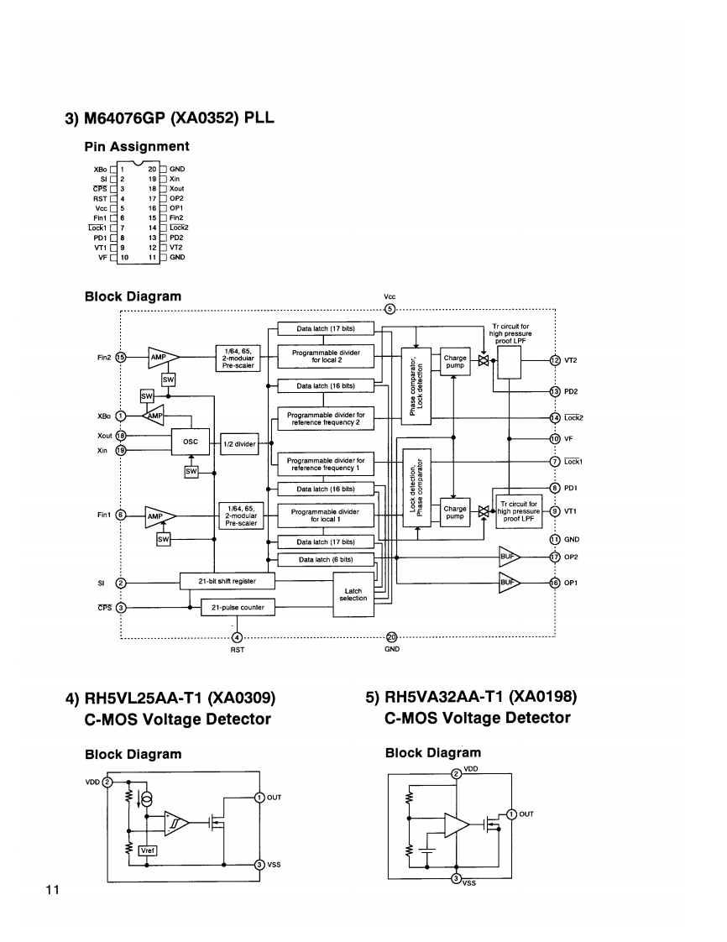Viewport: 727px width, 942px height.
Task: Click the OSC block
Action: [x=191, y=442]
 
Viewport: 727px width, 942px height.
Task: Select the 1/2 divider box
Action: [x=239, y=444]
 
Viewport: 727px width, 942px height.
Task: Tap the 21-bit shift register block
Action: [x=228, y=581]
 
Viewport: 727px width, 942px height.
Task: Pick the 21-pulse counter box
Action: [x=238, y=607]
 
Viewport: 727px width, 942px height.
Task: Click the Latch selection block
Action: [x=353, y=594]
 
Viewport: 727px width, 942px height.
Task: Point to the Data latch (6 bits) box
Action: [x=326, y=559]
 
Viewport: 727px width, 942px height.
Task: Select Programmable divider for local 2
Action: [x=326, y=356]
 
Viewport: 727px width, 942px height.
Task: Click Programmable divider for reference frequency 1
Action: [x=326, y=464]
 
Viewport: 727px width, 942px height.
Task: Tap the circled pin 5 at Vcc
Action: [x=390, y=309]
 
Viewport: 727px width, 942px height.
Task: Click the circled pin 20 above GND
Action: [x=392, y=636]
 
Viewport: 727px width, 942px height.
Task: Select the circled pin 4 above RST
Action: [x=238, y=637]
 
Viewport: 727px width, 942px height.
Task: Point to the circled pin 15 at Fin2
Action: [x=120, y=357]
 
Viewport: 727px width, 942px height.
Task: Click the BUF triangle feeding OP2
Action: [x=508, y=557]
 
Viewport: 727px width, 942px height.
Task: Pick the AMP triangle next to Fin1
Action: [x=159, y=516]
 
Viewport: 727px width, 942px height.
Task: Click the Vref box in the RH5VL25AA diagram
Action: [x=147, y=850]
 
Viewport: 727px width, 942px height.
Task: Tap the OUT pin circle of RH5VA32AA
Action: [x=511, y=814]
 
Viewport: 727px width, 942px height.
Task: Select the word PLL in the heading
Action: [x=259, y=118]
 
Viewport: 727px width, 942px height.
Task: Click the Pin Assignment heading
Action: [x=137, y=147]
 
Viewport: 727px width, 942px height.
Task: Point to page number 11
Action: [x=53, y=890]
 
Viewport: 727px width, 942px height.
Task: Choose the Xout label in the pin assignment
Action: [x=176, y=189]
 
